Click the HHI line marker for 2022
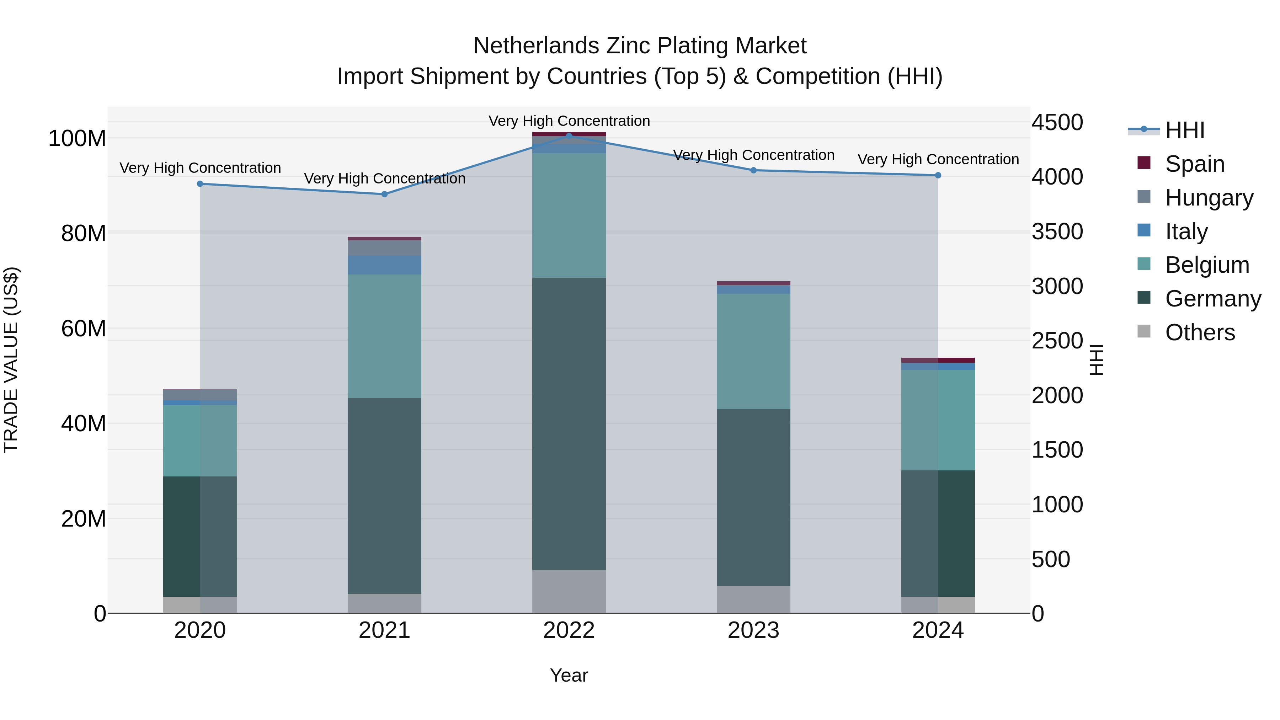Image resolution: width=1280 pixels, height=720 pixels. point(569,136)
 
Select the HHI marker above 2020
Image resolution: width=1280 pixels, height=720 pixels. point(200,184)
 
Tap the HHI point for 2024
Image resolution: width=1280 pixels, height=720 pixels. point(938,175)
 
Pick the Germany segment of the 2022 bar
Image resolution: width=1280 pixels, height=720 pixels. point(569,423)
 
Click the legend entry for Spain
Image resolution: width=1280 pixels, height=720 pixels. point(1195,164)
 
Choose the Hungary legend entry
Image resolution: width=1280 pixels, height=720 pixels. point(1209,198)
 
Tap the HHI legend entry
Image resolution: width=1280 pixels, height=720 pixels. point(1185,130)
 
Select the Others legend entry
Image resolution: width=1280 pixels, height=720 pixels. point(1200,332)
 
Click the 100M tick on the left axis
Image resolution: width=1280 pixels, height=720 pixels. point(77,138)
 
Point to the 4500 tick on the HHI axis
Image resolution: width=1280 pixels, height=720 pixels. point(1057,122)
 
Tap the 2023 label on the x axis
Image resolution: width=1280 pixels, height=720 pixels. point(753,630)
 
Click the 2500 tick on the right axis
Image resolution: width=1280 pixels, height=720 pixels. point(1057,341)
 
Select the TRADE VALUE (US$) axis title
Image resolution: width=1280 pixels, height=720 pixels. point(11,360)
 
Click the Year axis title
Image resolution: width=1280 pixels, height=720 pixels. point(569,675)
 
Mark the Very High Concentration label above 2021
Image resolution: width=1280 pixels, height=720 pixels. point(385,178)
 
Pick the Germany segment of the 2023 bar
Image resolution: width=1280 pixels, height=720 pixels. point(753,497)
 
